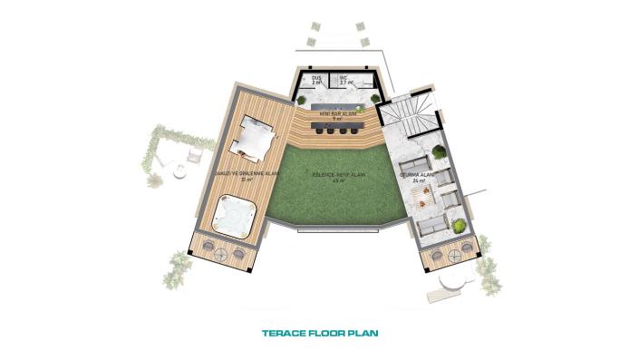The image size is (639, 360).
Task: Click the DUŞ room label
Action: (x=317, y=78)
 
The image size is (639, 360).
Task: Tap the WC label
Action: (x=344, y=78)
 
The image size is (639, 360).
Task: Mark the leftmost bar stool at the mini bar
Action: (x=319, y=131)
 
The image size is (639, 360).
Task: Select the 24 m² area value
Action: (x=419, y=182)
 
